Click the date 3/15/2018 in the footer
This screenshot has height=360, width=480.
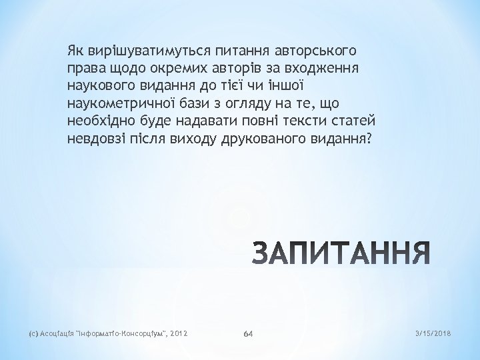[x=433, y=332]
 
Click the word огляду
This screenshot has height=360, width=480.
[x=265, y=104]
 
